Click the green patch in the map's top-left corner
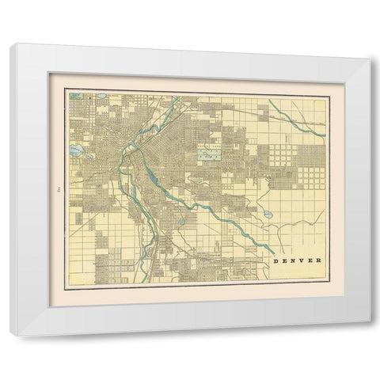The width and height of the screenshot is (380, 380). (x=72, y=98)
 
